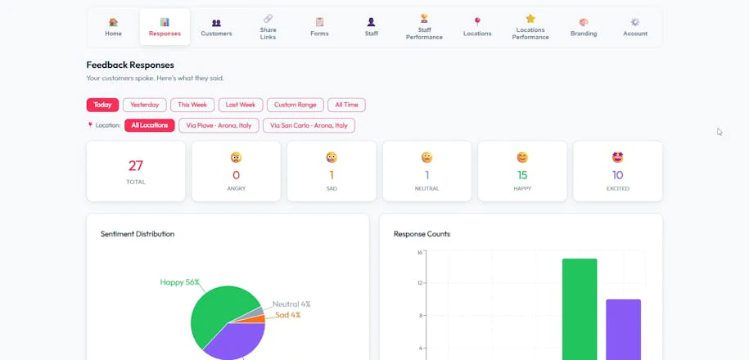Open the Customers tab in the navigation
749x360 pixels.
[x=216, y=28]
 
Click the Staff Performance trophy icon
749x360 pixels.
[x=424, y=18]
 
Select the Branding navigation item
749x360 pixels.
[x=584, y=28]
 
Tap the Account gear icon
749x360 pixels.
[x=635, y=22]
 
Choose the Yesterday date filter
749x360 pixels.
[x=145, y=105]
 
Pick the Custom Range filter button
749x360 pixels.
[x=296, y=105]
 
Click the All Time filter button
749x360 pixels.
[x=346, y=105]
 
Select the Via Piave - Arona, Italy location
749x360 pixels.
[x=219, y=125]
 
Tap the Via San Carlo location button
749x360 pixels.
[x=309, y=125]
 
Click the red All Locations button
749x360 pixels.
[x=150, y=125]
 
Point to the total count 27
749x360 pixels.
[x=136, y=165]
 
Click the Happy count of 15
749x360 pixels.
[x=522, y=175]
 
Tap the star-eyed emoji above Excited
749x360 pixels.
[x=618, y=157]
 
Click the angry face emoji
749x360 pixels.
[x=236, y=157]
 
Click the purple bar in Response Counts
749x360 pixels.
[x=624, y=330]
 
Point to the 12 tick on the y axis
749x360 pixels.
[x=420, y=283]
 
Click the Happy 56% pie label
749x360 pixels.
[x=179, y=282]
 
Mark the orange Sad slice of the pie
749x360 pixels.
[x=257, y=319]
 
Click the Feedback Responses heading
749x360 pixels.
[x=130, y=65]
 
